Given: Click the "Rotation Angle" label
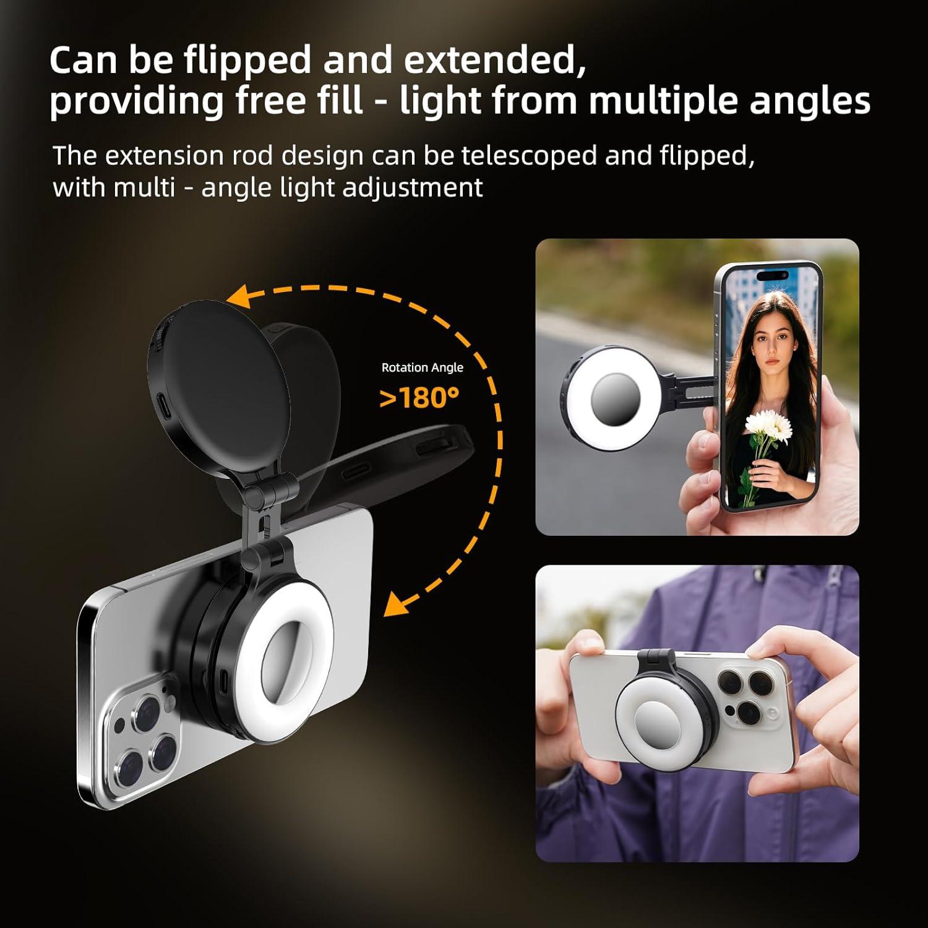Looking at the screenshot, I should point(422,367).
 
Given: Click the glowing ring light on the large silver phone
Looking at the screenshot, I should point(286,656).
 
